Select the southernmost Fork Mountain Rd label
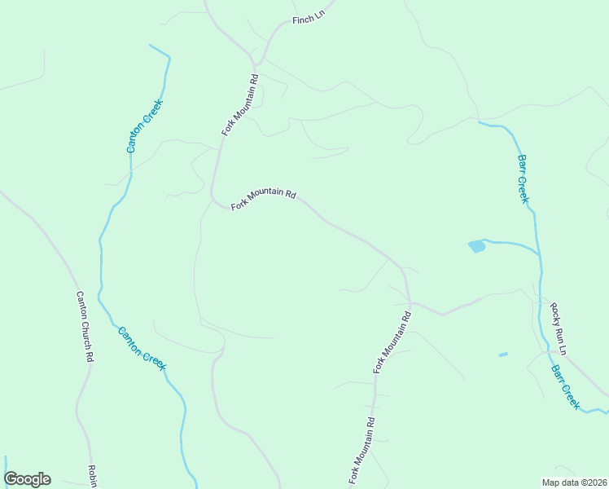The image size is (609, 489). pyautogui.click(x=362, y=452)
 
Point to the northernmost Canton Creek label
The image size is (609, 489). pyautogui.click(x=145, y=126)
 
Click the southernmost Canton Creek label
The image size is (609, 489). pyautogui.click(x=142, y=349)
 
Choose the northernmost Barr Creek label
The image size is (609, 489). pyautogui.click(x=524, y=178)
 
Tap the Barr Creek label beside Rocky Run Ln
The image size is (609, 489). pyautogui.click(x=565, y=386)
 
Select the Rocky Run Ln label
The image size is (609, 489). pyautogui.click(x=558, y=328)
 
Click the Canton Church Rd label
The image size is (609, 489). pyautogui.click(x=85, y=326)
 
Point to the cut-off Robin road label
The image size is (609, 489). pyautogui.click(x=92, y=476)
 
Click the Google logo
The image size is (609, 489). pyautogui.click(x=27, y=479)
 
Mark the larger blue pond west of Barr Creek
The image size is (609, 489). pyautogui.click(x=476, y=246)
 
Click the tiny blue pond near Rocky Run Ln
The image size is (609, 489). pyautogui.click(x=502, y=355)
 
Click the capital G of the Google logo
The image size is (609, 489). pyautogui.click(x=11, y=479)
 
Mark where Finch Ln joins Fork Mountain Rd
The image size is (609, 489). pyautogui.click(x=255, y=63)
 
